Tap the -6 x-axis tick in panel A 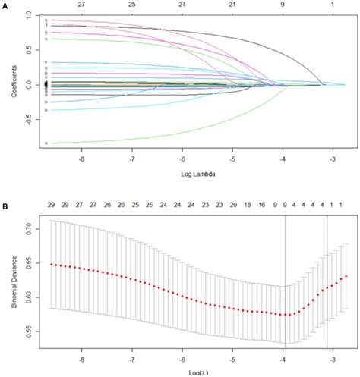pos(182,162)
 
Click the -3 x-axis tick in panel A pos(333,162)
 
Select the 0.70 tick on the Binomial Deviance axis pos(24,227)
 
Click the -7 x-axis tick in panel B pos(132,353)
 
